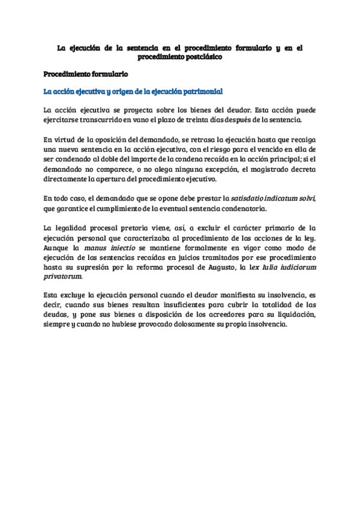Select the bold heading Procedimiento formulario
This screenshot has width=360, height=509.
(x=85, y=74)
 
